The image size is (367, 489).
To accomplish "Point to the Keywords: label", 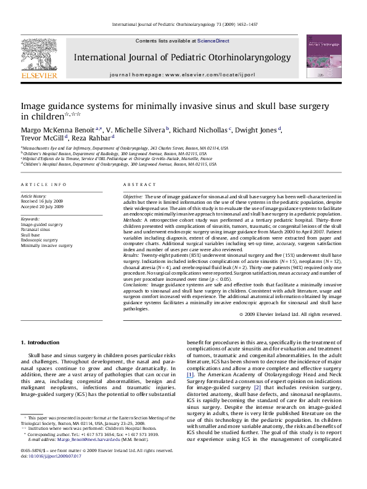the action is coord(30,219).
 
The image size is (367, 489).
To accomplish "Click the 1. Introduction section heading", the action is coord(41,342).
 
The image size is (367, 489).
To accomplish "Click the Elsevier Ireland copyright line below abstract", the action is coord(290,314).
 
